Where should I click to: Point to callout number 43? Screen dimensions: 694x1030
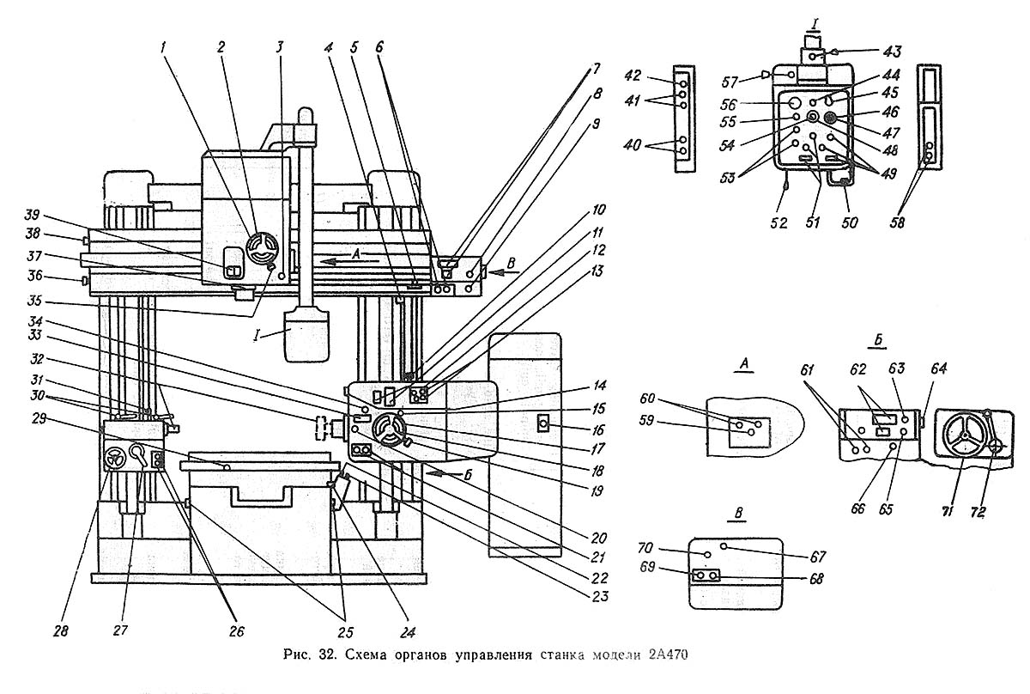tap(856, 53)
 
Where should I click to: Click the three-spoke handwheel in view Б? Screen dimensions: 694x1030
tap(962, 437)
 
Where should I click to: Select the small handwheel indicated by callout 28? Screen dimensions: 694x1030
tap(112, 460)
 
